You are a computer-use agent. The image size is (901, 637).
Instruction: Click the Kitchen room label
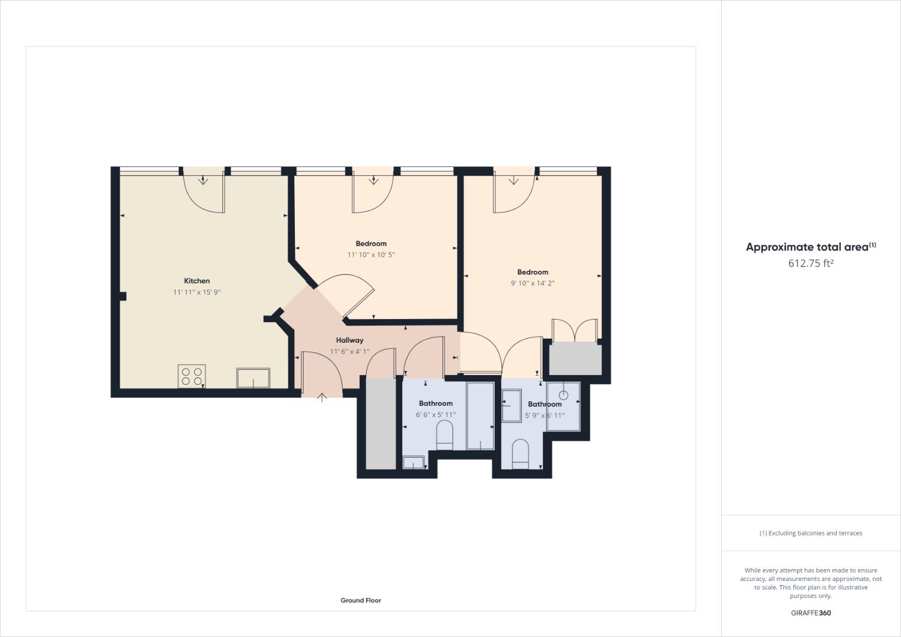[x=196, y=281]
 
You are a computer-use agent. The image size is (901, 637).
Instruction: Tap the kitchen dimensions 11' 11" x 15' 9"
[x=196, y=292]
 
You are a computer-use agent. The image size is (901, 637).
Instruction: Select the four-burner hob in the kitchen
[x=192, y=376]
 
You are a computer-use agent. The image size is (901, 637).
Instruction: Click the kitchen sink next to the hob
[x=253, y=378]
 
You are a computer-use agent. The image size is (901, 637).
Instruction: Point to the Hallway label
[x=350, y=340]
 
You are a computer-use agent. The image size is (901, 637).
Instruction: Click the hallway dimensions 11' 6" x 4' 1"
[x=350, y=352]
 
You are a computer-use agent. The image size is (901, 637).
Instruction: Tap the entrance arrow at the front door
[x=322, y=398]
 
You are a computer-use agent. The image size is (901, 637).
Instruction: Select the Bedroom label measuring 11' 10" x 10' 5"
[x=371, y=244]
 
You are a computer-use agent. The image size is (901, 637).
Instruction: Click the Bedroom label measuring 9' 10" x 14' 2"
[x=532, y=272]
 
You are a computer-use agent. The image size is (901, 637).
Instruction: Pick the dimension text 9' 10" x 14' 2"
[x=532, y=283]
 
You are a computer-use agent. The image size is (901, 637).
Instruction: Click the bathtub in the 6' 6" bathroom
[x=480, y=416]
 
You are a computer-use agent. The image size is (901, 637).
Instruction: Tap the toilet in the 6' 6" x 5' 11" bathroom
[x=444, y=438]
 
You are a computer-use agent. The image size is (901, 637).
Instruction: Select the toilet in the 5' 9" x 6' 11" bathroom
[x=519, y=454]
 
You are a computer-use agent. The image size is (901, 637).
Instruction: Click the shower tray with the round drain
[x=563, y=406]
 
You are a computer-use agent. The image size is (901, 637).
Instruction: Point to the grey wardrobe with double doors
[x=576, y=359]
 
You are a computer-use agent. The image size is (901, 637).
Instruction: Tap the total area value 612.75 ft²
[x=810, y=264]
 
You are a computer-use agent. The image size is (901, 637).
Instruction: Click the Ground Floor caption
[x=360, y=600]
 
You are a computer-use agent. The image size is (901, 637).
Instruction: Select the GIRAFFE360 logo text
[x=810, y=613]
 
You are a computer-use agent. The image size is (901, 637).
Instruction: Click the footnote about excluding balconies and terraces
[x=810, y=533]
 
